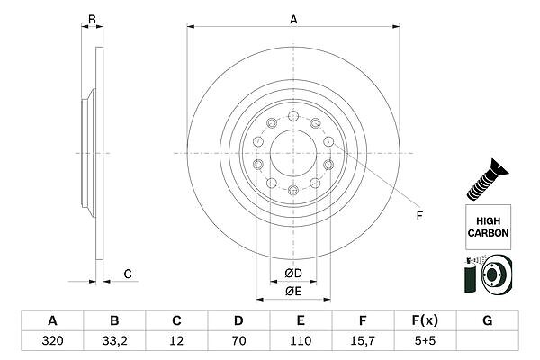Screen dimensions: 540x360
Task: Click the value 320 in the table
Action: click(x=52, y=341)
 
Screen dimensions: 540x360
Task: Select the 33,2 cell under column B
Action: click(x=114, y=341)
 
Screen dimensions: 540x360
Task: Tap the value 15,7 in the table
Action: click(x=363, y=341)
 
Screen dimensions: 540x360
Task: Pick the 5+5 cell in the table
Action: click(x=425, y=341)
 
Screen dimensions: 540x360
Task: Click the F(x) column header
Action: click(x=425, y=320)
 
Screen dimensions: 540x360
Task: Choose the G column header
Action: click(x=487, y=320)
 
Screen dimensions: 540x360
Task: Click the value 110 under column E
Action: click(x=301, y=341)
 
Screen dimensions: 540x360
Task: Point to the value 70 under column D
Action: click(x=238, y=341)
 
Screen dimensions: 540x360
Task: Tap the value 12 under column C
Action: click(x=176, y=341)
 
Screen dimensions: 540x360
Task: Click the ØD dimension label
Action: click(x=293, y=274)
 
